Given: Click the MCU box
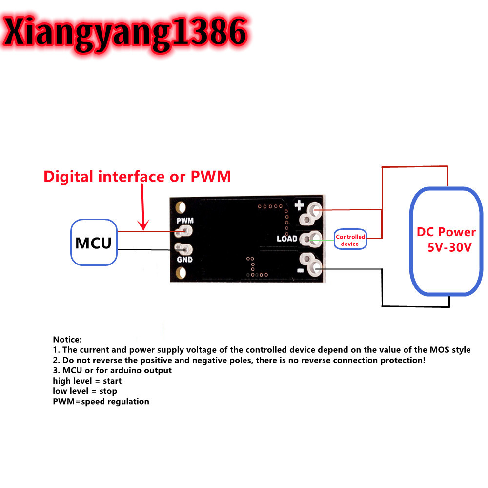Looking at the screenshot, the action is click(x=94, y=243).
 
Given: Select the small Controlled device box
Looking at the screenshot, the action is click(x=350, y=240).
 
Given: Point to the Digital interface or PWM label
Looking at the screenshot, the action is click(x=137, y=176).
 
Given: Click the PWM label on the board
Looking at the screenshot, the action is click(x=184, y=220).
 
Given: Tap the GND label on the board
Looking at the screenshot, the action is click(x=184, y=260).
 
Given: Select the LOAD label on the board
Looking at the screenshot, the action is click(x=286, y=239).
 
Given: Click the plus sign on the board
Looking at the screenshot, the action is click(x=299, y=206).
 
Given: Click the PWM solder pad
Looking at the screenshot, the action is click(x=185, y=231).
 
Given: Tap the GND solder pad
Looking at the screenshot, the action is click(x=184, y=249).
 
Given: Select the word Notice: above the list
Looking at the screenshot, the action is click(x=67, y=339).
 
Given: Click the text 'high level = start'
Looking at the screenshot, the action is click(x=87, y=381).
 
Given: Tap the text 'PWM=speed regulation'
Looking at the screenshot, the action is click(x=101, y=402).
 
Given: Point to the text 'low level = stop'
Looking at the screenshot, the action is click(x=85, y=391).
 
